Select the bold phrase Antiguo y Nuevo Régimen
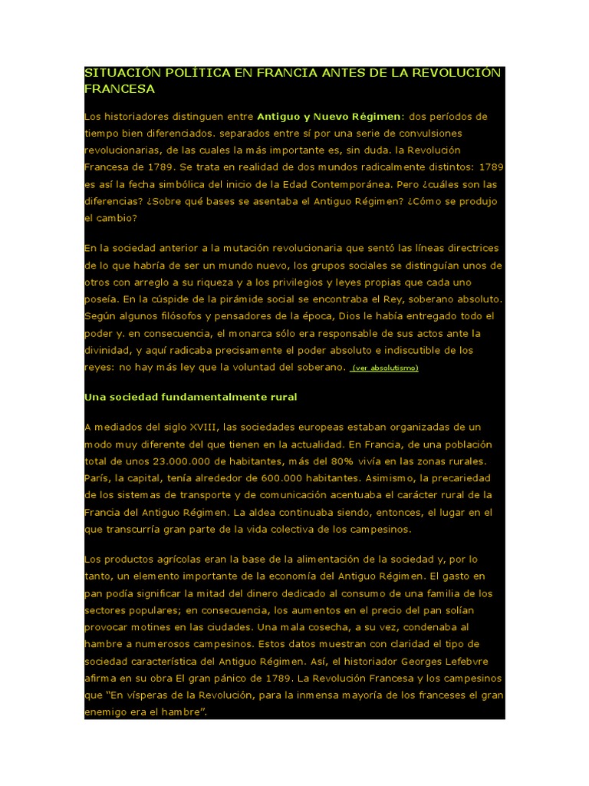(x=329, y=117)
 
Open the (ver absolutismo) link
(x=384, y=368)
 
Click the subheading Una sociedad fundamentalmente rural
(x=190, y=397)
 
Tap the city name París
(x=97, y=477)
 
